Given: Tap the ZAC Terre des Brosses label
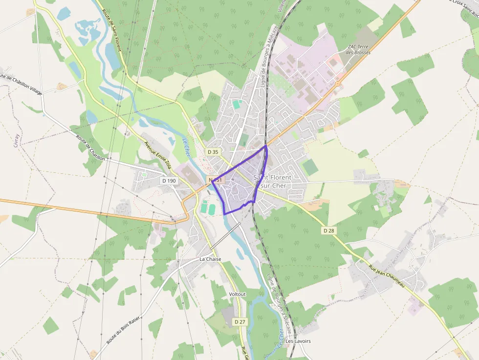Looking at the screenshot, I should [x=359, y=49].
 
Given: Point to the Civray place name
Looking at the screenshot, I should [x=16, y=139].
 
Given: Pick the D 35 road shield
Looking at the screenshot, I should [x=213, y=152].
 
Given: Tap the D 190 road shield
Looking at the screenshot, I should [x=169, y=181].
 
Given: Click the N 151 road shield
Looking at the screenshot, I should [x=216, y=180].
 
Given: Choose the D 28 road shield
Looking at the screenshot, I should [x=328, y=230].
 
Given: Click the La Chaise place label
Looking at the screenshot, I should [x=210, y=259].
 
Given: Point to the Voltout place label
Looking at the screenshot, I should [x=238, y=294].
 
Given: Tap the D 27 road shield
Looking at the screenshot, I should [x=239, y=321].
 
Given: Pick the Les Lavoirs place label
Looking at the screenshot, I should [x=298, y=341].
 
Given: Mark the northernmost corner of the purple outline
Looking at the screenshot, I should [x=266, y=145].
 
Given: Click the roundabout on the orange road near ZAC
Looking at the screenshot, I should [x=337, y=84].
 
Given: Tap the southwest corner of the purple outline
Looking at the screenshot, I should [x=224, y=214].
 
